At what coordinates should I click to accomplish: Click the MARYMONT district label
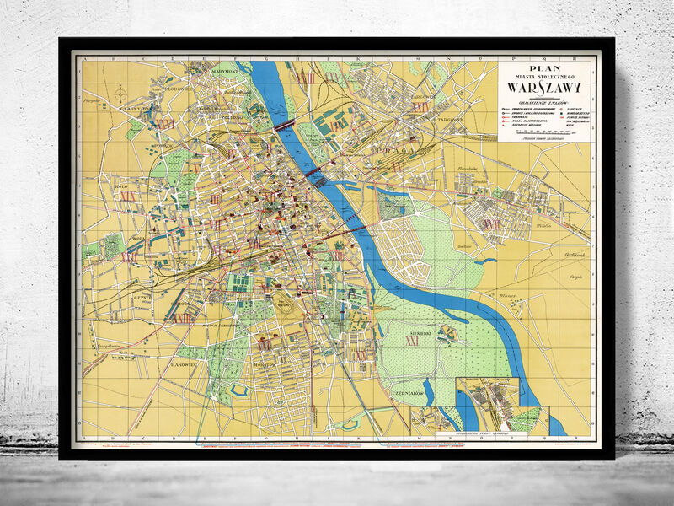point(226,72)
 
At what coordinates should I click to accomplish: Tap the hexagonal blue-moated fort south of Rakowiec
point(236,390)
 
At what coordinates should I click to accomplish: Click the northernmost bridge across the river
point(284,125)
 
